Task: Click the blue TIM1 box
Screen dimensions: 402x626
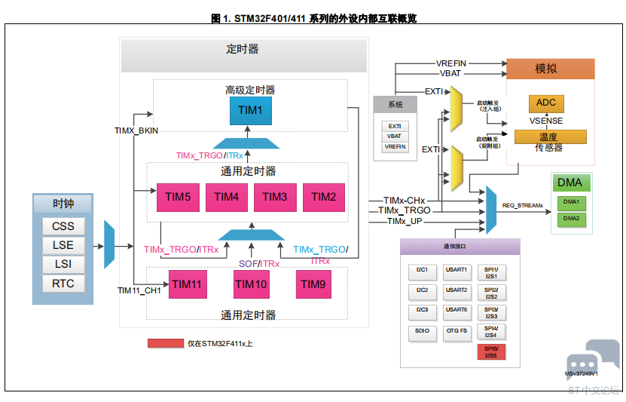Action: pyautogui.click(x=250, y=111)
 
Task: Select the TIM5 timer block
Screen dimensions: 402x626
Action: pyautogui.click(x=178, y=198)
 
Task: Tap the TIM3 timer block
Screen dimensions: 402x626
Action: pyautogui.click(x=274, y=198)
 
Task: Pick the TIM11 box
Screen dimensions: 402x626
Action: pyautogui.click(x=187, y=284)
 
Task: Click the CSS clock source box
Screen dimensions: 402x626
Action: pyautogui.click(x=63, y=226)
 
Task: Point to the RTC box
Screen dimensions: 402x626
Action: pyautogui.click(x=63, y=284)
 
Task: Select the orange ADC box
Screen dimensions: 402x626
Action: pyautogui.click(x=546, y=103)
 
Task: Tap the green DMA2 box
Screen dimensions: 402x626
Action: pyautogui.click(x=570, y=219)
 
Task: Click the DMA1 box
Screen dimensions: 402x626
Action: pyautogui.click(x=570, y=202)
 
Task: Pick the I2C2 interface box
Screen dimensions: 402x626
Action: pyautogui.click(x=422, y=290)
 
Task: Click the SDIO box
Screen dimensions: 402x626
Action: pyautogui.click(x=422, y=331)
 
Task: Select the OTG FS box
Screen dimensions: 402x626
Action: pyautogui.click(x=456, y=331)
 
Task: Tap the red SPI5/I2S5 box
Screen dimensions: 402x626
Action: pyautogui.click(x=491, y=351)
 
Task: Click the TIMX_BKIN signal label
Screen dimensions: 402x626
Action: pyautogui.click(x=136, y=130)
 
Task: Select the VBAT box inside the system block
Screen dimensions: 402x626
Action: pyautogui.click(x=395, y=137)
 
